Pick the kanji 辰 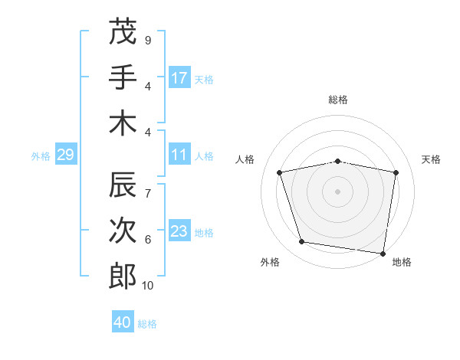(123, 185)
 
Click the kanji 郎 (123, 277)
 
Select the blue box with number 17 (179, 78)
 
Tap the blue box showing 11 (179, 155)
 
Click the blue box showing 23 (179, 231)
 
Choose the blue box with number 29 (65, 155)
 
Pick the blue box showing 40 (123, 322)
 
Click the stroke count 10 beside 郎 (148, 286)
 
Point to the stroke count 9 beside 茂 (147, 40)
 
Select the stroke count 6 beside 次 (147, 240)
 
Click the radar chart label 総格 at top (338, 100)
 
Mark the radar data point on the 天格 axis (396, 172)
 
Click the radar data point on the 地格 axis (383, 253)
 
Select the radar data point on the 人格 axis (280, 172)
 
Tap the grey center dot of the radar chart (338, 191)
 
